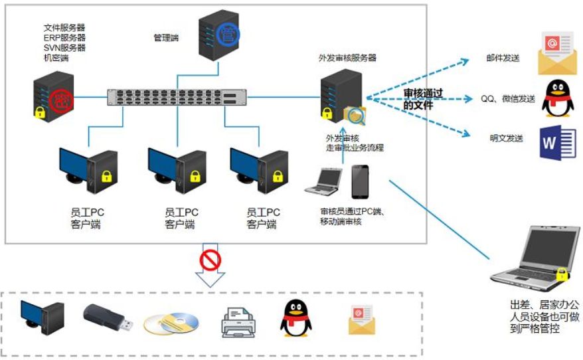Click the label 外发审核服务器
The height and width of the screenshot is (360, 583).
[x=347, y=58]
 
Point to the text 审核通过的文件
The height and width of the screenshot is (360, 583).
[x=424, y=99]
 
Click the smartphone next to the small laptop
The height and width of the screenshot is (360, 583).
[x=360, y=181]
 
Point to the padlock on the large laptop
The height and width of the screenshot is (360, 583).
[x=562, y=273]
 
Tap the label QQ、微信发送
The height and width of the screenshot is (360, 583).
[x=508, y=99]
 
